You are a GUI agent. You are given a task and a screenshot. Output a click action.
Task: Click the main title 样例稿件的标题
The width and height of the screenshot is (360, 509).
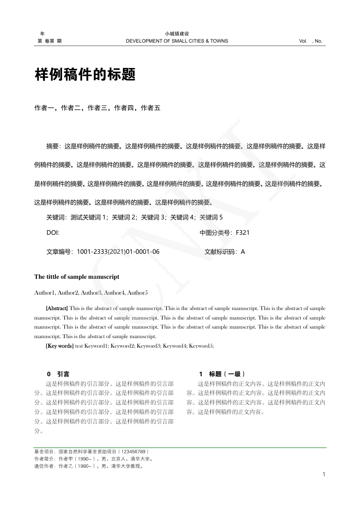tap(85, 75)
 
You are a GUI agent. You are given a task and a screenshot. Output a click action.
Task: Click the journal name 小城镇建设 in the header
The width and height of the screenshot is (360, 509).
tap(177, 34)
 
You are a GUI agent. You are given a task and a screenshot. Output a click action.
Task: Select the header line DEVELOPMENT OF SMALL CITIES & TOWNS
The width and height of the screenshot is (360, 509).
tap(177, 41)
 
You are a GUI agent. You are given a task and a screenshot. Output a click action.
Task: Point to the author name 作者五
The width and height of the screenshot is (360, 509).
tap(151, 108)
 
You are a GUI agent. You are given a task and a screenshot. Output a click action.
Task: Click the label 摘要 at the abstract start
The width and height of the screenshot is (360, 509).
tap(53, 146)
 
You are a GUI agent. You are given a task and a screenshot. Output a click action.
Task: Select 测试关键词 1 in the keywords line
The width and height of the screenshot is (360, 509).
tap(88, 218)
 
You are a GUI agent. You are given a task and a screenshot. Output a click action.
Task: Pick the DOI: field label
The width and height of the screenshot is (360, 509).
tap(53, 233)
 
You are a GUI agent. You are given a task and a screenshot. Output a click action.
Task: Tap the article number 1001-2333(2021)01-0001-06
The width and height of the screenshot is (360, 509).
tap(118, 251)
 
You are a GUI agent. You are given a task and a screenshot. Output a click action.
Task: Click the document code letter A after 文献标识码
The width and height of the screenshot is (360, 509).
tap(243, 251)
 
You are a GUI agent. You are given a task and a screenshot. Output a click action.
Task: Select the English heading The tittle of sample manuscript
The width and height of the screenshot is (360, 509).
tap(77, 276)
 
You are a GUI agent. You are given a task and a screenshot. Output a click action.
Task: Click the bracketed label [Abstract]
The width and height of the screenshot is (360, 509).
tap(57, 308)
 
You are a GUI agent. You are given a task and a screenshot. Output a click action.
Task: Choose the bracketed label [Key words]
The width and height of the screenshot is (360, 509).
tap(59, 346)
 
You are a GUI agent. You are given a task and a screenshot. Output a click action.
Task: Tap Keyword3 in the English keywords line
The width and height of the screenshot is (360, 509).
tap(149, 346)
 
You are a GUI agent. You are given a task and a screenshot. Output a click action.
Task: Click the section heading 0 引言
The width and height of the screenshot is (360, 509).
tap(58, 374)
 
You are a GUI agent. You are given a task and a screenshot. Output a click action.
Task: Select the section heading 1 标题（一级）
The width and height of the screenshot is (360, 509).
tap(222, 374)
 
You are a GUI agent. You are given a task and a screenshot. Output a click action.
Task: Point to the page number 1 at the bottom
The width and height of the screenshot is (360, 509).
tap(324, 475)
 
